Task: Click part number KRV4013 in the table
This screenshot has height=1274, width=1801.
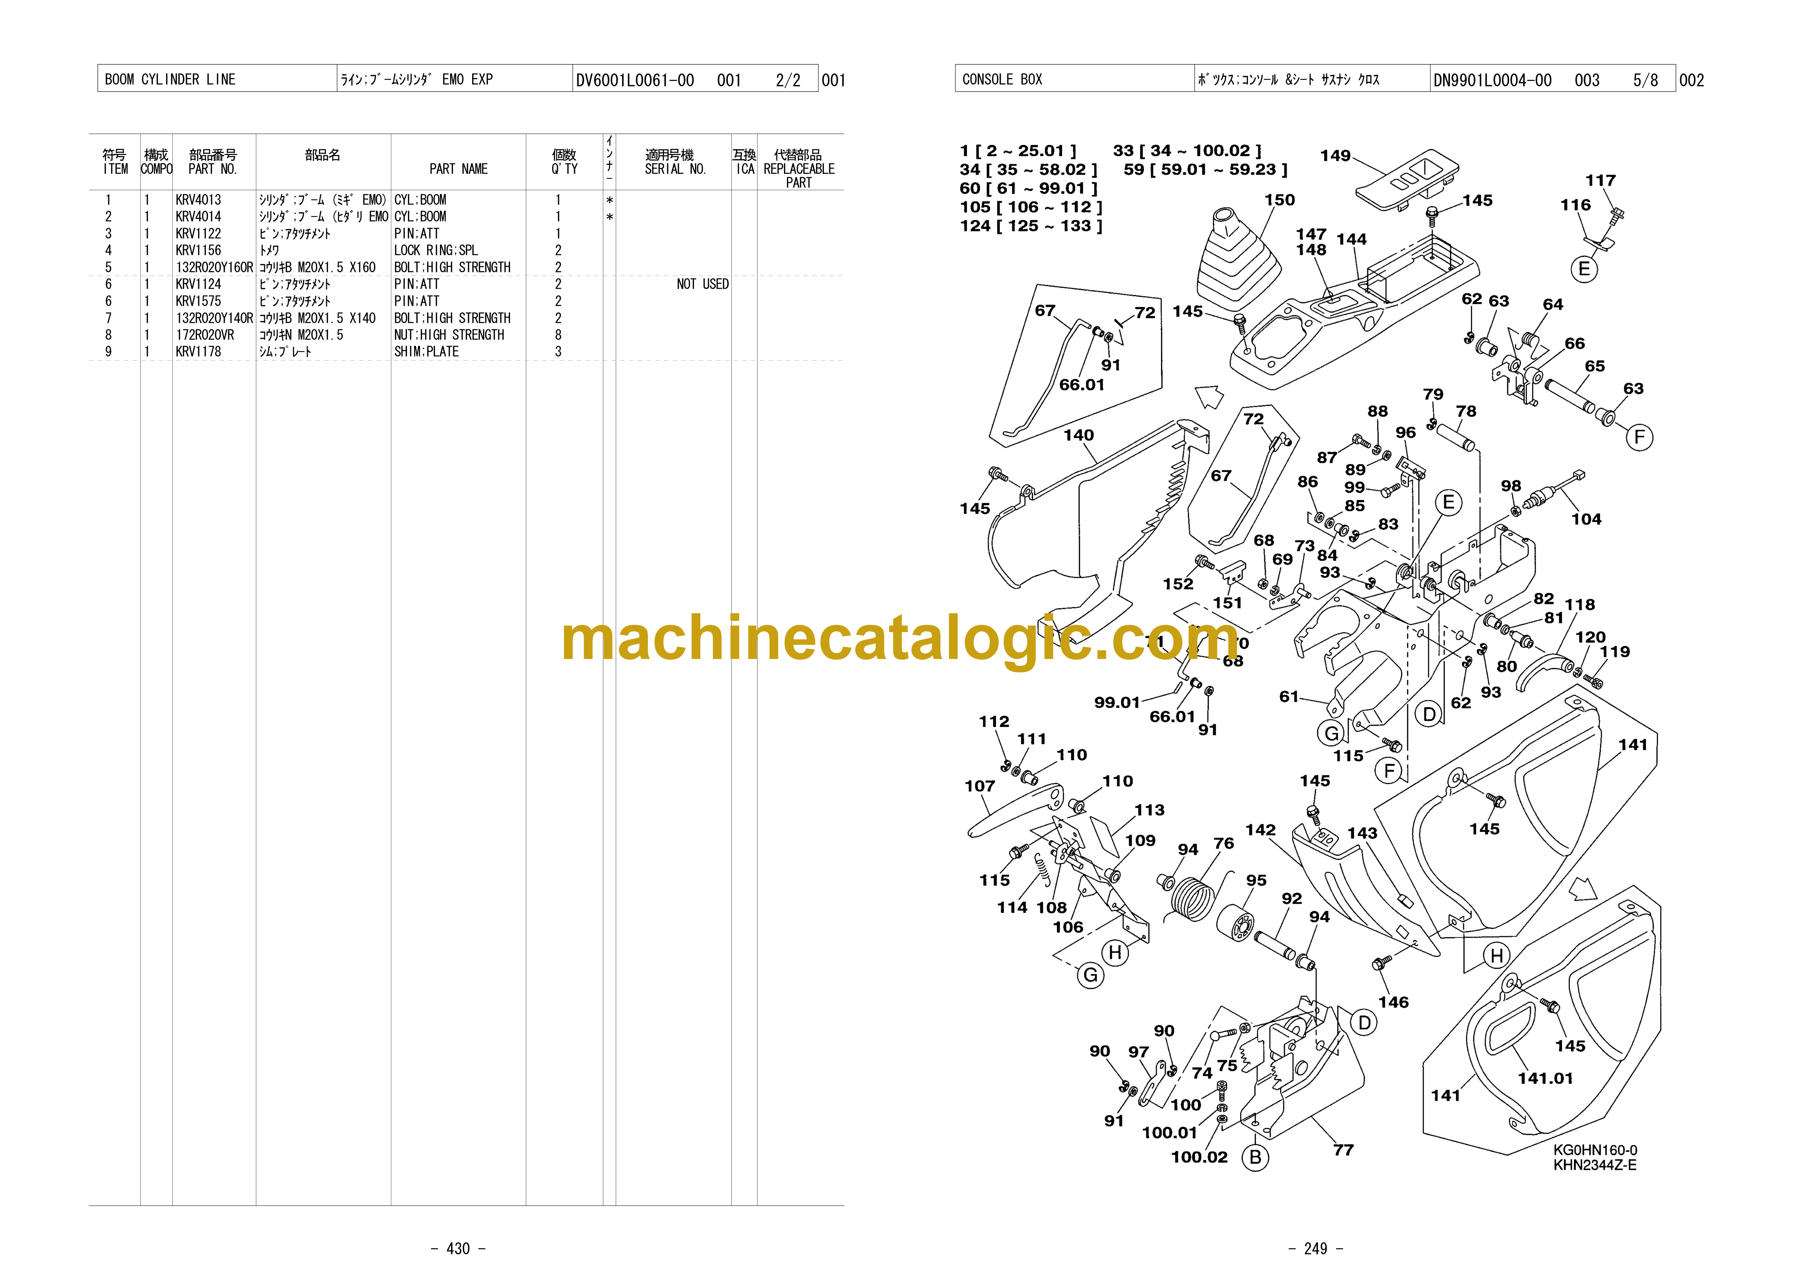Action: click(x=199, y=200)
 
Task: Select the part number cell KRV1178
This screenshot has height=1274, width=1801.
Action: click(x=199, y=351)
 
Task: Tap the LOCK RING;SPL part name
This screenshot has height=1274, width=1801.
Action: click(x=435, y=250)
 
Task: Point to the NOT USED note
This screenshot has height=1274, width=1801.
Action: click(x=703, y=284)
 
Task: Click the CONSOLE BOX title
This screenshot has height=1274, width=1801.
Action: click(x=1002, y=79)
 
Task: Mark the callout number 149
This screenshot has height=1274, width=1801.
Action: click(x=1335, y=155)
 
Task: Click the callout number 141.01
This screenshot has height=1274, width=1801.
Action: click(x=1545, y=1078)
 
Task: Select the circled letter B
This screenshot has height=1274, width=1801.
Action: click(x=1255, y=1157)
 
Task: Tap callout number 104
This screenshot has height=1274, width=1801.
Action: click(x=1586, y=518)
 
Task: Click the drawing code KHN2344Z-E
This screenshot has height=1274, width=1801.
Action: click(x=1595, y=1165)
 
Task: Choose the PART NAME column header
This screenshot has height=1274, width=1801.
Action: click(x=459, y=169)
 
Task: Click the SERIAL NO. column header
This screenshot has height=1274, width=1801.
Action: click(x=675, y=169)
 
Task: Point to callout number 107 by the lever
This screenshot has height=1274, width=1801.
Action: click(x=980, y=785)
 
